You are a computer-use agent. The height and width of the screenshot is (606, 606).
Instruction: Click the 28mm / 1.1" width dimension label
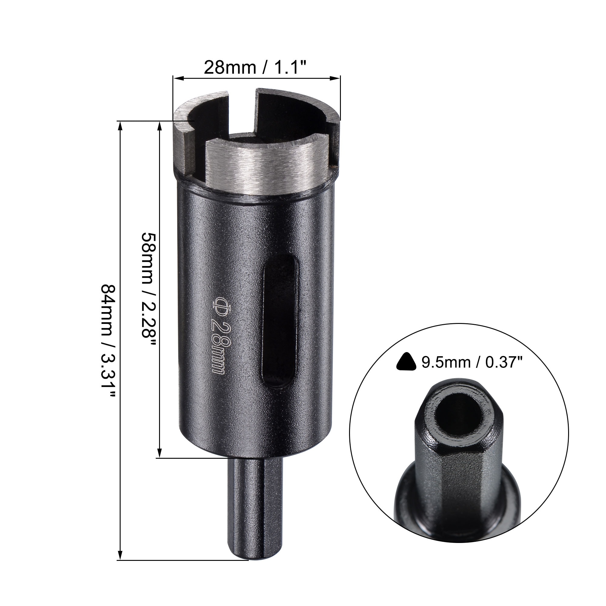click(255, 67)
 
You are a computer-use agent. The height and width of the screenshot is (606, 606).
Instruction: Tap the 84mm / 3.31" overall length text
click(108, 342)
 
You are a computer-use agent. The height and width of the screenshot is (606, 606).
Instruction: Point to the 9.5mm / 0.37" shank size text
click(472, 363)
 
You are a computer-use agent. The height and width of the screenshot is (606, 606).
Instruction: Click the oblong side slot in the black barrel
click(280, 320)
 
